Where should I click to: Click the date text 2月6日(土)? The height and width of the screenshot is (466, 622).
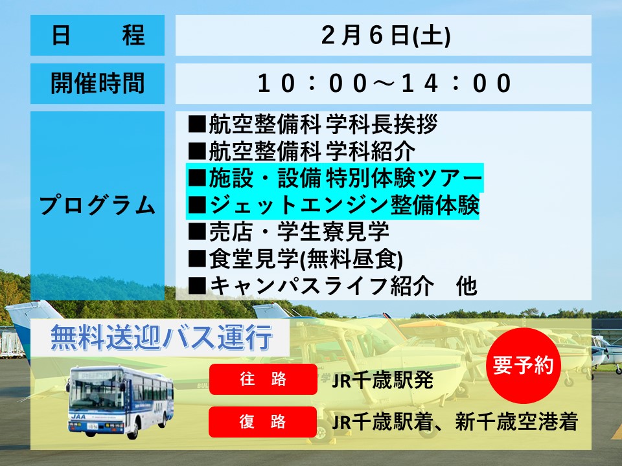386,35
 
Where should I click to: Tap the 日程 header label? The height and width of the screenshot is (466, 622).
98,35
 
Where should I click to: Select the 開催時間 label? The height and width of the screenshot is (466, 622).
98,83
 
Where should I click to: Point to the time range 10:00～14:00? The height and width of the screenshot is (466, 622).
384,83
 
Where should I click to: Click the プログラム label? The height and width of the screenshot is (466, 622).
98,205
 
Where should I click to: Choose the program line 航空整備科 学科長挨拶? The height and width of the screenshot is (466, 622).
312,124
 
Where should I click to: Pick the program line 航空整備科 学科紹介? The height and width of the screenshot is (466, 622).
301,151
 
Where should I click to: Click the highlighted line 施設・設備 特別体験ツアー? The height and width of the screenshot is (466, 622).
335,178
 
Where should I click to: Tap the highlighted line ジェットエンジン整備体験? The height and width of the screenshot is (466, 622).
333,205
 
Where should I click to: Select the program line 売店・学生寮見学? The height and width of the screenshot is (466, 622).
288,232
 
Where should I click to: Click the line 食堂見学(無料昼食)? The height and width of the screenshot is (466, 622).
295,259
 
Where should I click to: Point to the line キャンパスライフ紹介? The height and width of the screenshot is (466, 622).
310,285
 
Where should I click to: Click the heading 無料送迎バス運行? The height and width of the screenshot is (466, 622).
161,338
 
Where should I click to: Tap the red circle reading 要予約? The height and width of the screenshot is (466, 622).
524,365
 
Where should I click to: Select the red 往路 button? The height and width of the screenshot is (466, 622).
263,379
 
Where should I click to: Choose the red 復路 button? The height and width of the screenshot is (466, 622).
262,421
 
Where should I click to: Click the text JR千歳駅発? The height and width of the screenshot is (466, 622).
382,381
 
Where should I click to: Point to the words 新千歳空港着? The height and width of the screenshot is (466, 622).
516,421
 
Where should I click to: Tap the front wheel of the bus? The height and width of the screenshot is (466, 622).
133,430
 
